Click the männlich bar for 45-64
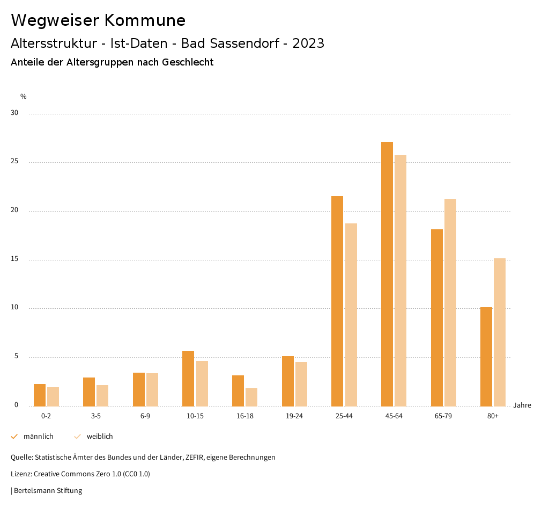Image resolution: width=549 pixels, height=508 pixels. pos(387,274)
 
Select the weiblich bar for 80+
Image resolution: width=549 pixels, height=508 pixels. pos(500,332)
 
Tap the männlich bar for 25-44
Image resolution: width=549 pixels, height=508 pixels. pos(337,301)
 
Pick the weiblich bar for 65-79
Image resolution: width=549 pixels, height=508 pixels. pos(450,302)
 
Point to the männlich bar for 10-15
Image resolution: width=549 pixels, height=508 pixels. pos(188,379)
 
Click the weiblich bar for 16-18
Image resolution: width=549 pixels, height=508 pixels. pos(251,397)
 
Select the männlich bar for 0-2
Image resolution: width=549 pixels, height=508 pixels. pos(40,395)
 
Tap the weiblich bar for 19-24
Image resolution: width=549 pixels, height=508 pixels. pos(301,384)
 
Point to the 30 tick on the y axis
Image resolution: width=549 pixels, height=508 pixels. pos(14,113)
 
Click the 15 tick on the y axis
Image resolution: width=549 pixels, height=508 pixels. pos(14,259)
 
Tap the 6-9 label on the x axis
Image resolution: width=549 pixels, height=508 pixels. pos(145,416)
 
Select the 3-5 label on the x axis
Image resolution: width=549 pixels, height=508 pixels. pos(95,416)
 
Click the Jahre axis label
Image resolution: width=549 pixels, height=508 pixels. pos(522,405)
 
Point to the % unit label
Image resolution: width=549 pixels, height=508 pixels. pos(24,97)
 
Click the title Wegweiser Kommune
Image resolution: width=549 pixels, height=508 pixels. pos(98,20)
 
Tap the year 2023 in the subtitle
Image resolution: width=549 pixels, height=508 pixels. pos(308,43)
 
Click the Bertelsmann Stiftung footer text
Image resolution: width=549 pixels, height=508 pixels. pos(48,491)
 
